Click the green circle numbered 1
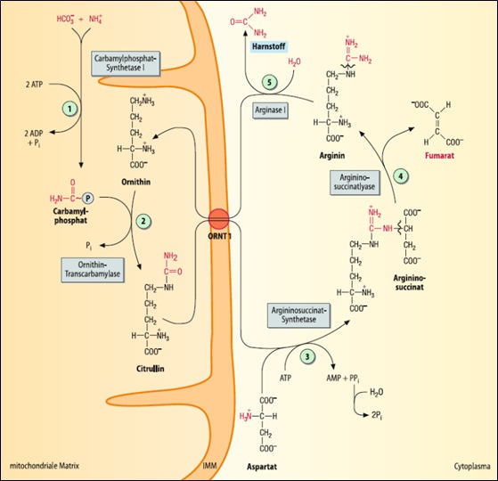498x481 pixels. pos(69,109)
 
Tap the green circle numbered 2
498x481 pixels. pos(143,221)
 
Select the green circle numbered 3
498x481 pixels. pos(307,356)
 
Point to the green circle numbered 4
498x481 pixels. pos(401,175)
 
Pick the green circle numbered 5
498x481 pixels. pos(269,83)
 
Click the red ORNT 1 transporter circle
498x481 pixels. pos(218,219)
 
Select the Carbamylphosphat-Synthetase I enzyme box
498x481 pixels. pos(126,63)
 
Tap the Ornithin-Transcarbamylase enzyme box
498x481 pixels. pos(93,270)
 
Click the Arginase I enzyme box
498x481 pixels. pos(270,110)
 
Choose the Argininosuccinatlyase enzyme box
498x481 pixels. pos(355,183)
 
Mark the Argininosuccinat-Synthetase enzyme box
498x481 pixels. pos(298,315)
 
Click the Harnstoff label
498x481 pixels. pos(268,46)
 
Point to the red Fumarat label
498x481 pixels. pos(439,156)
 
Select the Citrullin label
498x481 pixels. pos(151,369)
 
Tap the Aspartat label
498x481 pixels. pos(262,467)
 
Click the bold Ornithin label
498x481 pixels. pos(136,182)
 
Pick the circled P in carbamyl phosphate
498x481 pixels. pos(88,199)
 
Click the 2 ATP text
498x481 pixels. pos(34,85)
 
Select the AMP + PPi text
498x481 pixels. pos(343,379)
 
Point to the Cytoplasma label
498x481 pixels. pos(472,467)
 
